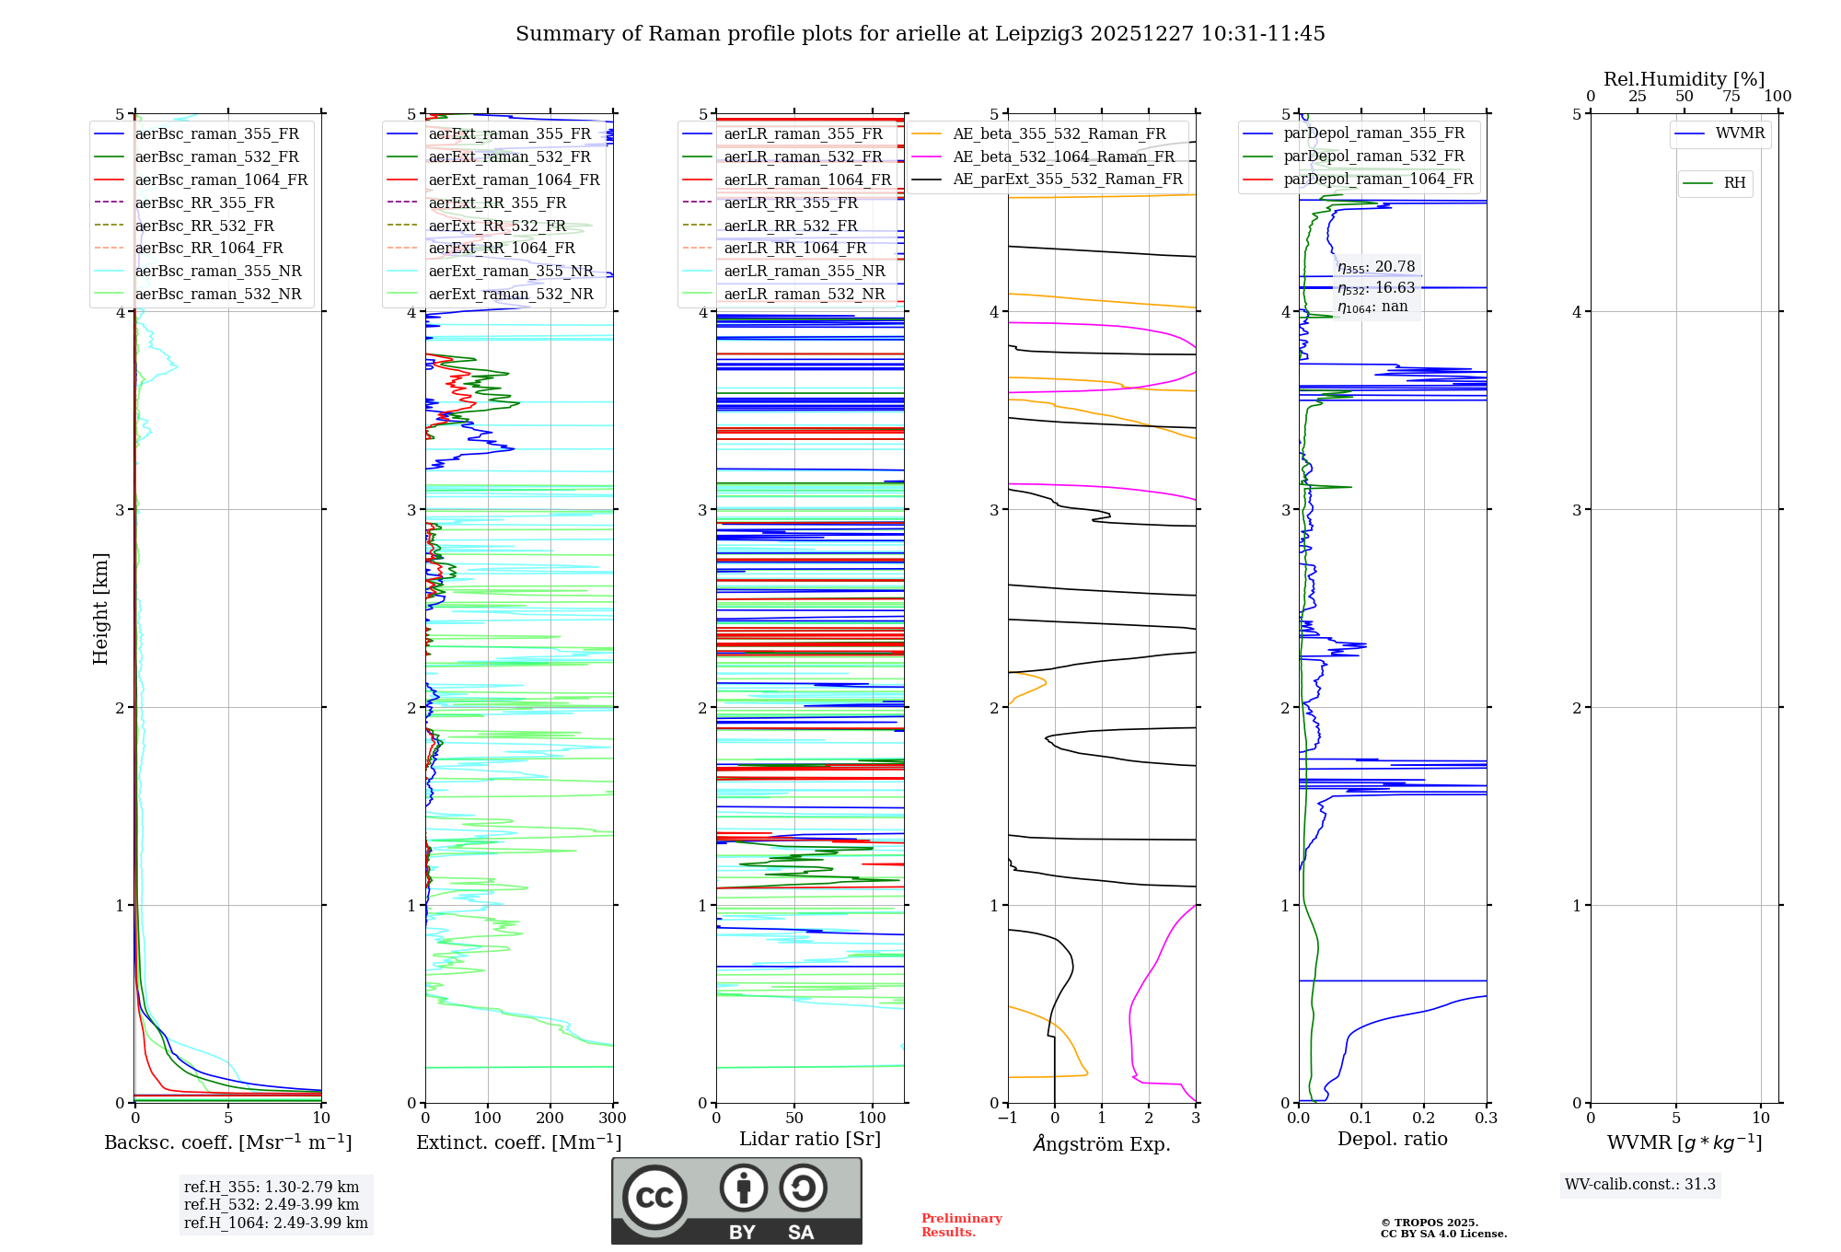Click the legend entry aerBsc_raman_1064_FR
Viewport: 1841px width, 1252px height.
(221, 180)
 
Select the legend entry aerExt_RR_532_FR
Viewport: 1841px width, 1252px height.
(497, 226)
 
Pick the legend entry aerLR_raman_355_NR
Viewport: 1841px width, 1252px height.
(804, 271)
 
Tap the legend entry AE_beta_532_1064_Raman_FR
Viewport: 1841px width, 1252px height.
(1063, 156)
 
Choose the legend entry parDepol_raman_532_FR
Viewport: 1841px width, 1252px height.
(1373, 156)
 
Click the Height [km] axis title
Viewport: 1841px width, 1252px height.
(100, 609)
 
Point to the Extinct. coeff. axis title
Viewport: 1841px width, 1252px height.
(519, 1142)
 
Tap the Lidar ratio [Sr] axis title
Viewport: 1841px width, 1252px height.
(810, 1139)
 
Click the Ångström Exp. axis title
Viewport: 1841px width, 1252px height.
(1102, 1143)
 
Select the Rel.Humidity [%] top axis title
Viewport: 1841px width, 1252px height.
(1685, 79)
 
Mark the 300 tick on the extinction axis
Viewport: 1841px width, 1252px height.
(613, 1119)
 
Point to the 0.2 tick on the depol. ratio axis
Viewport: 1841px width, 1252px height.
(1424, 1119)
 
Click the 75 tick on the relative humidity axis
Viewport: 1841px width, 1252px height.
(1731, 97)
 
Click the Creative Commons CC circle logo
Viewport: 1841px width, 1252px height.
(654, 1198)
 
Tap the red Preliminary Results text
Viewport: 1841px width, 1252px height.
(962, 1225)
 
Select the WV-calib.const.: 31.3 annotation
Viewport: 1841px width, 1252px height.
(1640, 1185)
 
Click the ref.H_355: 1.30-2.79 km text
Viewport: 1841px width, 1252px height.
(272, 1187)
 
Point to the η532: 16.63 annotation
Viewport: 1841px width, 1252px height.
(1376, 288)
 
